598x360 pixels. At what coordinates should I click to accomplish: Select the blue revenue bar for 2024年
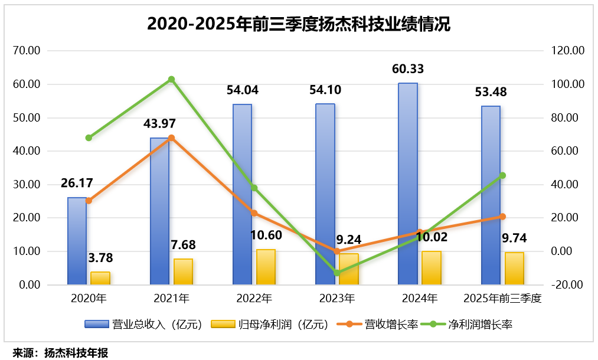[408, 184]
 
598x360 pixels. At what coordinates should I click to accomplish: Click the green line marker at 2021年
[171, 80]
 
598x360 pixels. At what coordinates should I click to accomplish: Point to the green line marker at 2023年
[337, 273]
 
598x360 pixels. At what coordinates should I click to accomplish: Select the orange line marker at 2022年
[254, 213]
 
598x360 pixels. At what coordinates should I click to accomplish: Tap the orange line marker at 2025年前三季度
[502, 217]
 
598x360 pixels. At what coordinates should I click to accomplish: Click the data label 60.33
[408, 70]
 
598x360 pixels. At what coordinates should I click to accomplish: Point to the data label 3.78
[100, 258]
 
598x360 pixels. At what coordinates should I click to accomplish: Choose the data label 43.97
[159, 124]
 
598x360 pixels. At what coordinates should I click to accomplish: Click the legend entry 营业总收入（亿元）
[144, 324]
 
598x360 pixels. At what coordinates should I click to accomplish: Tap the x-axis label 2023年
[337, 298]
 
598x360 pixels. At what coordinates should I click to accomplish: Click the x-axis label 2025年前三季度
[502, 298]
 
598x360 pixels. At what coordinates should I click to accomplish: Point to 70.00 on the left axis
[26, 51]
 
